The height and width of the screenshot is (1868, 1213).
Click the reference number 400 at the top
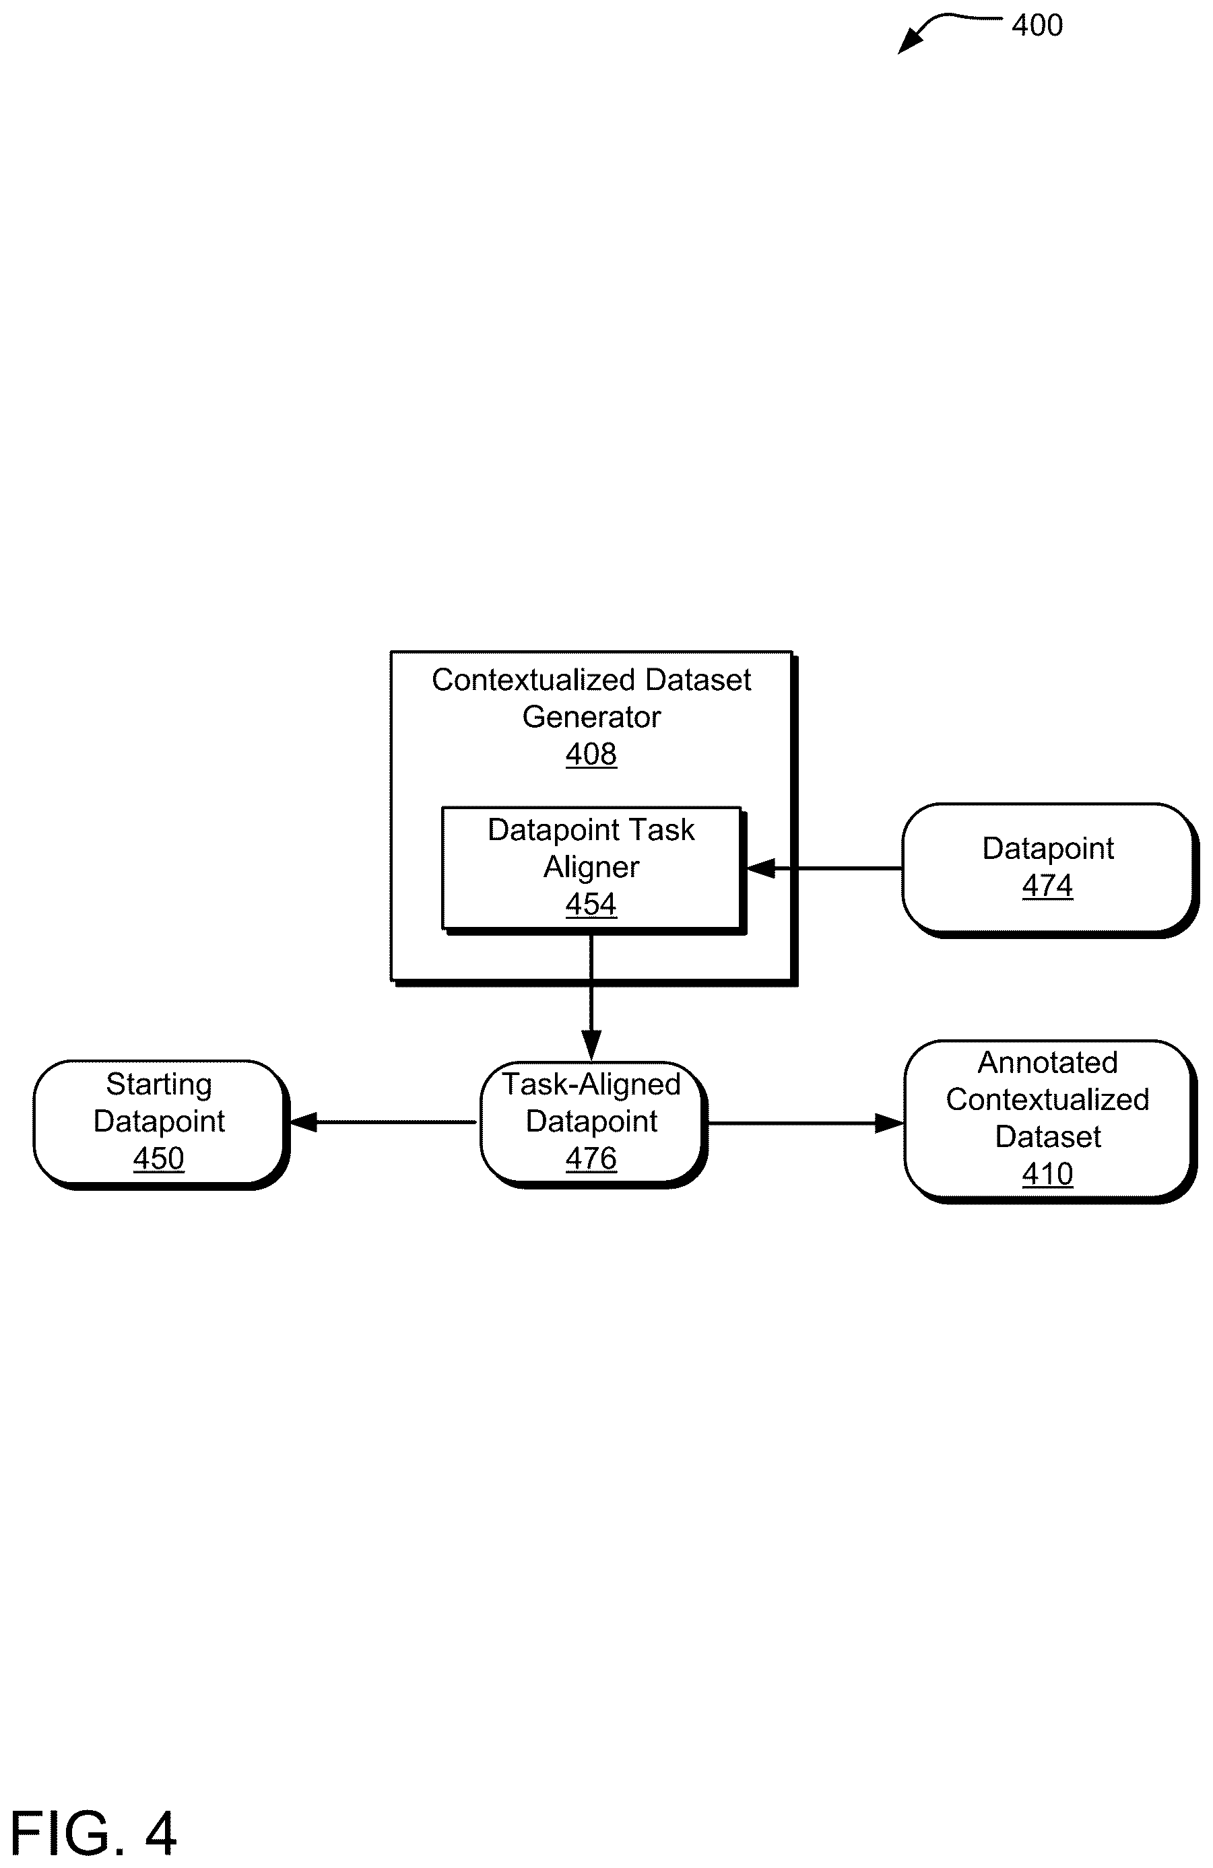point(1037,26)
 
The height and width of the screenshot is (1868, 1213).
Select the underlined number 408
point(591,754)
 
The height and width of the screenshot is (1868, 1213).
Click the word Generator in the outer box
point(591,717)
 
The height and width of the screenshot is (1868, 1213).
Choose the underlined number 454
point(591,904)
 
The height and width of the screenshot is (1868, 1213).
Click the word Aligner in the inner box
point(591,867)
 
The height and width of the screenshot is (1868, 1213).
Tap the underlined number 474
point(1047,886)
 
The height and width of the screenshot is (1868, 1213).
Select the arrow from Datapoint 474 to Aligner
point(823,869)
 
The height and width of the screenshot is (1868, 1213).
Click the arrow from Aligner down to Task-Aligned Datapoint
point(591,996)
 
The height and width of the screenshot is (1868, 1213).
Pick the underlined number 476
point(591,1158)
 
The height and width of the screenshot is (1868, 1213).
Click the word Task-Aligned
point(591,1084)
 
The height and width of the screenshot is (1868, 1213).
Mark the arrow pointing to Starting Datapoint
point(383,1122)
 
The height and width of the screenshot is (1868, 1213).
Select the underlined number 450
point(158,1158)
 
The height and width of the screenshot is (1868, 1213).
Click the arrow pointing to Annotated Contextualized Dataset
point(806,1123)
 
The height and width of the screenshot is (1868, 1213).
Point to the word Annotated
point(1047,1063)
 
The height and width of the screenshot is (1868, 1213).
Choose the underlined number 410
point(1047,1174)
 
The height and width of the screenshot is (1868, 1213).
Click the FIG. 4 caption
point(93,1834)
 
